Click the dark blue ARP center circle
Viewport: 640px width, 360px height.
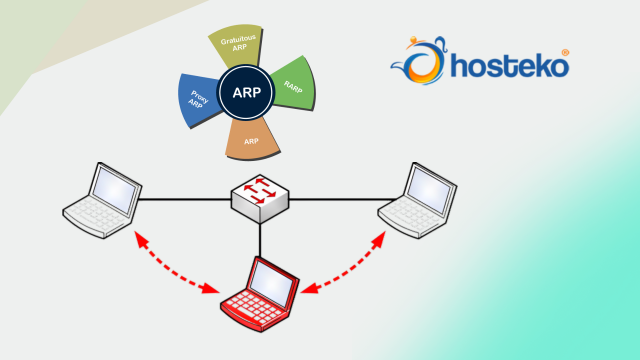tap(246, 93)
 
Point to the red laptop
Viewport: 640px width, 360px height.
tap(257, 294)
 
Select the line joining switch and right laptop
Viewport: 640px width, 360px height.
tap(335, 200)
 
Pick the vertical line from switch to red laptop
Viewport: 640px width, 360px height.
tap(261, 238)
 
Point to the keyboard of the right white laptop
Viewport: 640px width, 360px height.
tap(405, 216)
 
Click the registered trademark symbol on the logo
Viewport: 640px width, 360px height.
tap(566, 52)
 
